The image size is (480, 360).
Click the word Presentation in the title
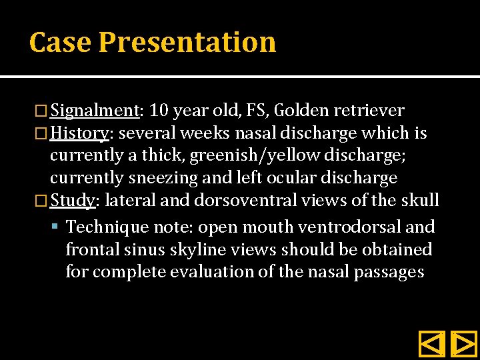(187, 42)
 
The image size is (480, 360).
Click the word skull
(419, 200)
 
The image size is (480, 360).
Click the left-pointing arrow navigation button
(431, 344)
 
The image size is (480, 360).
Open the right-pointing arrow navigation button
(463, 344)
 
